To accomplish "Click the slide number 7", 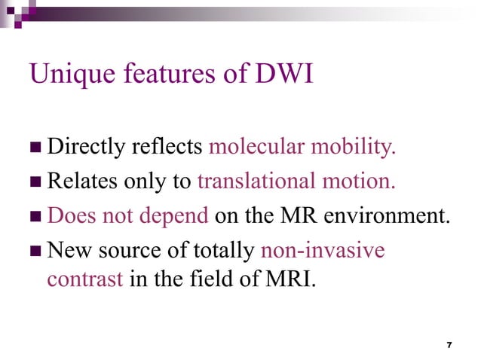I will [x=449, y=344].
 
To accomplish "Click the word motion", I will [x=365, y=182].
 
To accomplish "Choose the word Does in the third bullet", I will [x=67, y=216].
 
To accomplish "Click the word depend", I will [x=177, y=216].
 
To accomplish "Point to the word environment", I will [x=393, y=216].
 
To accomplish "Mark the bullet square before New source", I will [x=35, y=251].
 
